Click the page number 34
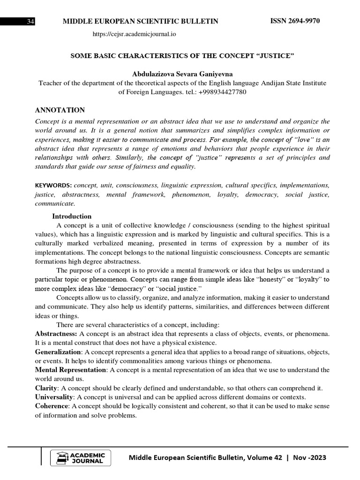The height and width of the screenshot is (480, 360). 31,22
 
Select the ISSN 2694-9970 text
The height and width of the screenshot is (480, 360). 295,21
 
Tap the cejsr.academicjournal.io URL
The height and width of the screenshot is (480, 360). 135,34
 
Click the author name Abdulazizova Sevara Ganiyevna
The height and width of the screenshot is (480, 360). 182,74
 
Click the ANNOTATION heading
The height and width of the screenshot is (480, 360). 60,110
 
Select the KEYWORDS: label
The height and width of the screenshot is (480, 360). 53,185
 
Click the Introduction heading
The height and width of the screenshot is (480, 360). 72,216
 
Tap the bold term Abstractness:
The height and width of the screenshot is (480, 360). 56,333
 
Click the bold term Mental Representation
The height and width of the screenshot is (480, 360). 71,370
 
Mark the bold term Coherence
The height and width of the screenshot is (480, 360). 51,405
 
